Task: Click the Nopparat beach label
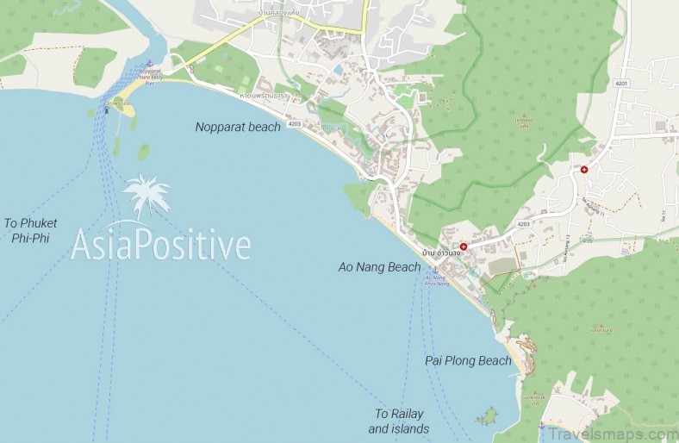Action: click(x=238, y=128)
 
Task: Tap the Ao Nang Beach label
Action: click(x=379, y=267)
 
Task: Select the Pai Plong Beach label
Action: click(x=468, y=361)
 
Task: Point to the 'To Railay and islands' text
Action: click(x=399, y=421)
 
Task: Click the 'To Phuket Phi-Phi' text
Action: click(x=30, y=230)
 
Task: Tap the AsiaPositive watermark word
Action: click(x=161, y=244)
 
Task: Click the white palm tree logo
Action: click(x=146, y=195)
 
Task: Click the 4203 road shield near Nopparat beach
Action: click(x=295, y=124)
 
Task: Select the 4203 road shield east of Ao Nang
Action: click(x=524, y=224)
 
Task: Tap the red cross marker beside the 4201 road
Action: click(x=584, y=169)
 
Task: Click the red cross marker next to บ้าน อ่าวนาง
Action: click(x=464, y=246)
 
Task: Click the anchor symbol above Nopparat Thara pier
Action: click(x=148, y=63)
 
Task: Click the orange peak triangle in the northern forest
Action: click(x=523, y=115)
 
